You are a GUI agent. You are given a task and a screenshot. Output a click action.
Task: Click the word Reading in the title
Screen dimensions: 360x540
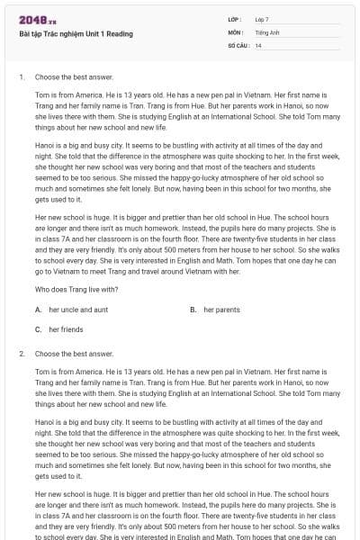118,34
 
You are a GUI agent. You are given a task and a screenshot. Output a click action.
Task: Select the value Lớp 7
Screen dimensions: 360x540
261,19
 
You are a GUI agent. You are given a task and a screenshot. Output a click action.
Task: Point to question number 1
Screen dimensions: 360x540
21,77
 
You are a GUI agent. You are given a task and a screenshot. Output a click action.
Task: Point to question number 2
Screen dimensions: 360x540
21,354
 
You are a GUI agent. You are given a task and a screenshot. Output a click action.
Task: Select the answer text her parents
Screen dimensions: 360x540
221,310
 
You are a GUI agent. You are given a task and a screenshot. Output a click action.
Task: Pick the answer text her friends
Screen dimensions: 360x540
66,329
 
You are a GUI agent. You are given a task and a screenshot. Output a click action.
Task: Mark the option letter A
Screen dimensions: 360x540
38,310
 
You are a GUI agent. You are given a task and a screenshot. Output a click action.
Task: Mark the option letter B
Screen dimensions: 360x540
193,310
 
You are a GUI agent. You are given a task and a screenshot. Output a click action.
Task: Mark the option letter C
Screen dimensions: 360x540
38,329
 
